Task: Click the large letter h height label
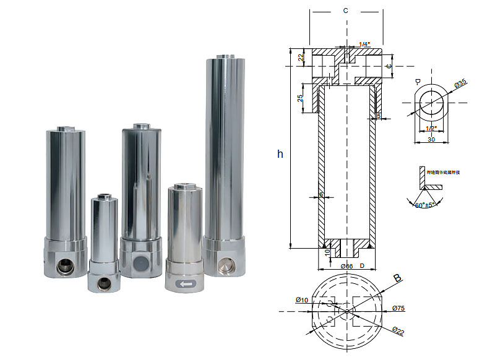click(280, 153)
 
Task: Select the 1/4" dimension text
click(365, 43)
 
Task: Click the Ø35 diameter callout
click(460, 82)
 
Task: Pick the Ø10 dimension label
click(302, 300)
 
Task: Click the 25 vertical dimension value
click(299, 99)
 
